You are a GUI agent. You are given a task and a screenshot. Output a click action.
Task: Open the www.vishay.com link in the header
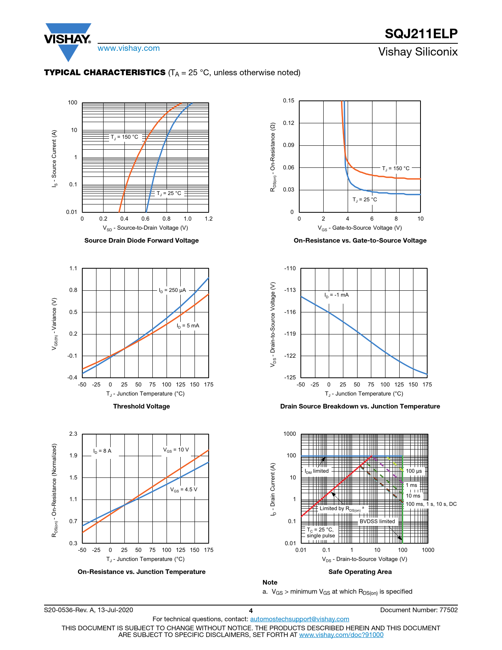[x=129, y=48]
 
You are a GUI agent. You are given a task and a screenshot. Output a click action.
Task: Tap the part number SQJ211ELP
[x=421, y=34]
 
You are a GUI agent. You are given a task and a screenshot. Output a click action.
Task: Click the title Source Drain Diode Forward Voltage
[x=141, y=241]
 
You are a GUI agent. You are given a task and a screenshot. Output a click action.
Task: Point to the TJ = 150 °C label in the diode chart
[x=124, y=137]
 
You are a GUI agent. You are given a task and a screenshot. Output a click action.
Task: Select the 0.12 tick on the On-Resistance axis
[x=289, y=123]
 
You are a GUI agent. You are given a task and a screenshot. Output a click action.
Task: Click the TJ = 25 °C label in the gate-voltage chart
[x=365, y=200]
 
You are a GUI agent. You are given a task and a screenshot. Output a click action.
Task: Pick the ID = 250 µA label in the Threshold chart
[x=172, y=290]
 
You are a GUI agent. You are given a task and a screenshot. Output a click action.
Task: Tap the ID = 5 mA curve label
[x=188, y=326]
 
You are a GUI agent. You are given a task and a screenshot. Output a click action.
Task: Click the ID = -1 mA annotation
[x=337, y=295]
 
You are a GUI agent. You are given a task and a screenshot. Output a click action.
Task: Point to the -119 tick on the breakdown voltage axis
[x=290, y=334]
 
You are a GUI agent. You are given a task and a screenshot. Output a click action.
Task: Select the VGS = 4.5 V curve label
[x=184, y=490]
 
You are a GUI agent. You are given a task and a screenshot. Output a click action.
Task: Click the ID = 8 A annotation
[x=102, y=451]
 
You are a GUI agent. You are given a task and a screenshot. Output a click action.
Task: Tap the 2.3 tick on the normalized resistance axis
[x=73, y=434]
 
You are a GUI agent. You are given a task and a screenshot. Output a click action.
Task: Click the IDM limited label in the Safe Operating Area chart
[x=317, y=471]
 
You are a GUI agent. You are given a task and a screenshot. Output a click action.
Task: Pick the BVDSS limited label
[x=377, y=522]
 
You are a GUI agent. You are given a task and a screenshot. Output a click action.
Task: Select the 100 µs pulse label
[x=414, y=471]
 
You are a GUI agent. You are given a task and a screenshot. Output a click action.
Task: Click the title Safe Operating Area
[x=360, y=572]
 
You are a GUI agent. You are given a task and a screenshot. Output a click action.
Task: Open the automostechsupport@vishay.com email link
[x=300, y=619]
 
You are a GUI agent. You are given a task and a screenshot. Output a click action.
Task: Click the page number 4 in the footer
[x=251, y=611]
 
